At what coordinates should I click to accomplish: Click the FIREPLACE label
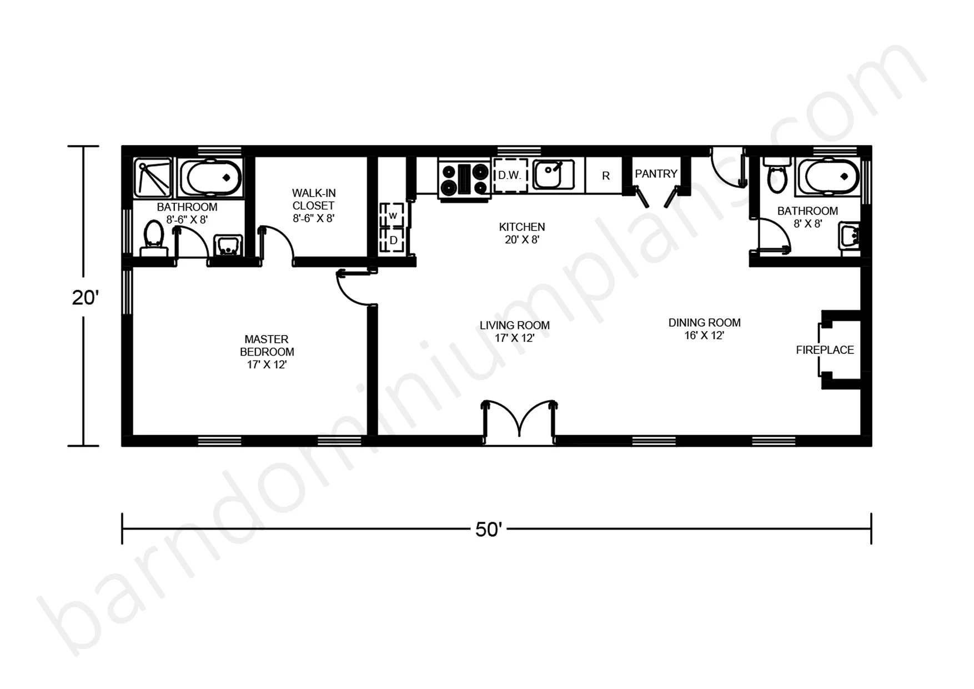[825, 350]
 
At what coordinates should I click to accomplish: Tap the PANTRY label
[656, 174]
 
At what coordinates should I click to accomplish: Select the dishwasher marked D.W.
[510, 175]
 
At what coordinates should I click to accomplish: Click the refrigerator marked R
[605, 176]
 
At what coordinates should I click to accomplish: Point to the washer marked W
[393, 215]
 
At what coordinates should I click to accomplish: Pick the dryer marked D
[393, 241]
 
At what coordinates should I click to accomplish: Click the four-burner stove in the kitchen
[464, 178]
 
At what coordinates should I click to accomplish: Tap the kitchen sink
[554, 174]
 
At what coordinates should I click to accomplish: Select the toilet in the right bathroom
[776, 174]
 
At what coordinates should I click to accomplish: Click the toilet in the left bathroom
[154, 239]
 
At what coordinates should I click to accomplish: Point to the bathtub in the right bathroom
[828, 177]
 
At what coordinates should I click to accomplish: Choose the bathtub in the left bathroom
[210, 177]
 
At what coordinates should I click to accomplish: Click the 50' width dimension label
[489, 530]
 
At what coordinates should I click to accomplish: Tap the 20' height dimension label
[85, 298]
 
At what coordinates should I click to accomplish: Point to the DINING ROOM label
[704, 323]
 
